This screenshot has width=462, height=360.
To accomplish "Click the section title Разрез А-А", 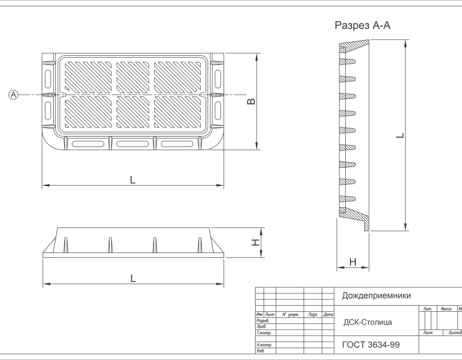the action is (x=362, y=26).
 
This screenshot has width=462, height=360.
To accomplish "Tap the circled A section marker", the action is (x=13, y=95).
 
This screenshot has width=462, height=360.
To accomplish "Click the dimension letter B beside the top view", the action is (x=251, y=102).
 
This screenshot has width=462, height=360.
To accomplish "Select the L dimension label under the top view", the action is (x=133, y=180).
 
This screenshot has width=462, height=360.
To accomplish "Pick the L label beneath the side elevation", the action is (x=133, y=278).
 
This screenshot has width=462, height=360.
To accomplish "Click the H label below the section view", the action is (x=353, y=262).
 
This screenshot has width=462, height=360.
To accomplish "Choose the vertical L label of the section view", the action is (x=400, y=135).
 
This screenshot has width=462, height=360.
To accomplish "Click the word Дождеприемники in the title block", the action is (x=376, y=295).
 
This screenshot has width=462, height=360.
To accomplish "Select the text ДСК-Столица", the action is (x=368, y=322).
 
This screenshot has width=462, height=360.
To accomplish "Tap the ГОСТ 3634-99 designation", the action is (x=371, y=345).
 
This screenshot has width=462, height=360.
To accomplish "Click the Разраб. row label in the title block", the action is (x=263, y=320).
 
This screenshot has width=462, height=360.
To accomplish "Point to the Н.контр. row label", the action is (x=264, y=345).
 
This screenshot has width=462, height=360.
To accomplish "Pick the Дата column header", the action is (x=328, y=315).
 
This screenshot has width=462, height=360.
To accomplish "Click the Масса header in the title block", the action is (x=446, y=309).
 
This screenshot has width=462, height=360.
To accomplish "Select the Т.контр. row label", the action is (x=264, y=333).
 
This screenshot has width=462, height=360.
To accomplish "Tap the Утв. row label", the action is (x=260, y=351).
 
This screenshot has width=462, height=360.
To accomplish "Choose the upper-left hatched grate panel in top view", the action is (x=88, y=77).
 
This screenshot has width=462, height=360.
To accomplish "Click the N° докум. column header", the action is (x=291, y=315).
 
